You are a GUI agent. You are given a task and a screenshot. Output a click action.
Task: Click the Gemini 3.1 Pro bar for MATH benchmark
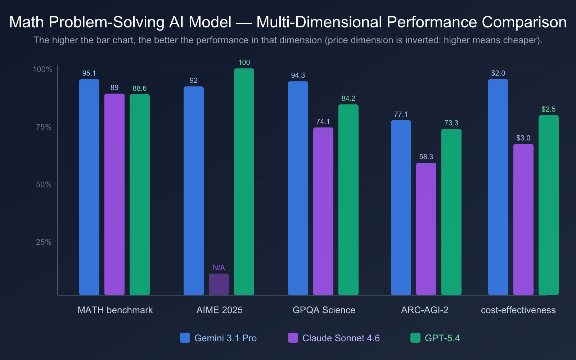coord(89,187)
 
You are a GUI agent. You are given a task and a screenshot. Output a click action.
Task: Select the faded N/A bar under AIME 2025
coord(219,284)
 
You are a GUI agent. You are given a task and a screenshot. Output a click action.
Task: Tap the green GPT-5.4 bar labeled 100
coord(244,182)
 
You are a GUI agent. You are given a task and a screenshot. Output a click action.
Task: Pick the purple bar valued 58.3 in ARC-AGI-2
coord(426,229)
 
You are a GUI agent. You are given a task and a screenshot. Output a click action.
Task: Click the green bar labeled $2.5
coord(548,205)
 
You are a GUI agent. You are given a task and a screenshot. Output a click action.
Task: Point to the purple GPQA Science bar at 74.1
coord(323,211)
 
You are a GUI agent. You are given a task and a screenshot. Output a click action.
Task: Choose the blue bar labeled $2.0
coord(498,187)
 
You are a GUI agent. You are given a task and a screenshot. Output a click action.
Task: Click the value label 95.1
coord(89,73)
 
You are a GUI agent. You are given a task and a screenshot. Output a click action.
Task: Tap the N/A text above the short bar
coord(219,267)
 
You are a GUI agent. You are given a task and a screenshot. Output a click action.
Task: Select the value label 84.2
coord(348,98)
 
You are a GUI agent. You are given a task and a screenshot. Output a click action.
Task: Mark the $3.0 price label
coord(523,138)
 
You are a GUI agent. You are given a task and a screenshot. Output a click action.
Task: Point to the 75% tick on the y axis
coord(44,127)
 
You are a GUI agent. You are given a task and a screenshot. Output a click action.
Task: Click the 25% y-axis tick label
coord(44,242)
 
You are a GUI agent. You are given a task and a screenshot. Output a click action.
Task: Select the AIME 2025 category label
coord(219,310)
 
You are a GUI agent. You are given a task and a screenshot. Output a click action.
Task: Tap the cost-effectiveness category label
coord(518,310)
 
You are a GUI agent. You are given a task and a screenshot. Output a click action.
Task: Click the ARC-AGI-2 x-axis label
coord(424,310)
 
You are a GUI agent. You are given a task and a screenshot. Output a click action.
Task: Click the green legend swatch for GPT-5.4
coord(415,338)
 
